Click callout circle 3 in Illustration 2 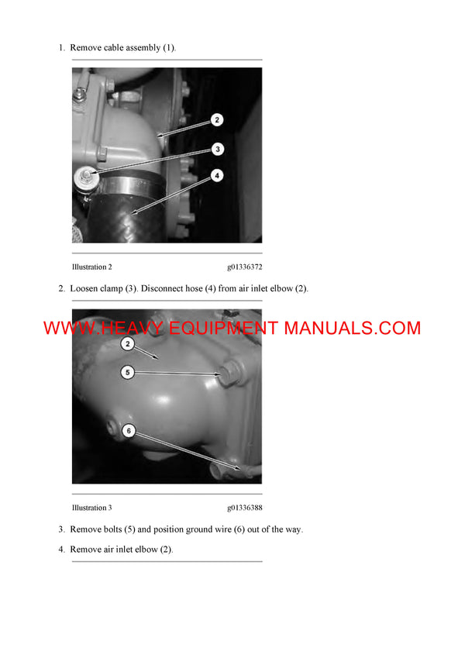[x=218, y=148]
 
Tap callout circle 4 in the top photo [x=218, y=176]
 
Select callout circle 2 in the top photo [x=218, y=120]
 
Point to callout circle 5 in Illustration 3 [x=129, y=373]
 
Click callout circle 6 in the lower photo [x=129, y=430]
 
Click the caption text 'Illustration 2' [x=91, y=267]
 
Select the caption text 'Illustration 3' [x=91, y=508]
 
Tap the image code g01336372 [x=244, y=267]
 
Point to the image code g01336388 [x=244, y=508]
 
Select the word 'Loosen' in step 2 [x=85, y=289]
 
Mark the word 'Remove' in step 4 [x=85, y=549]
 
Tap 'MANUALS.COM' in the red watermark [x=352, y=328]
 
